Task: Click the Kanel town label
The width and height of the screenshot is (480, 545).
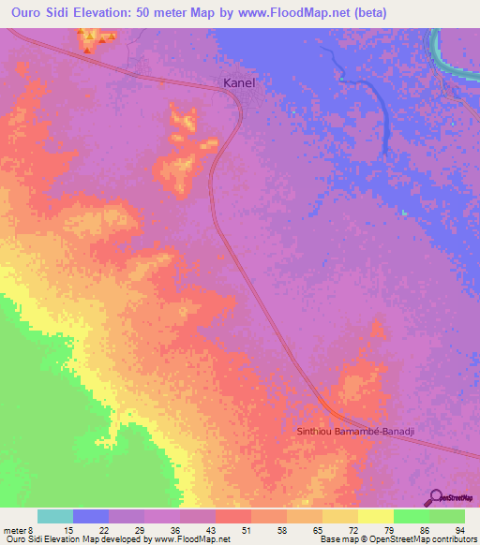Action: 239,82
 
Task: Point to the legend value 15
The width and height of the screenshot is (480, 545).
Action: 56,531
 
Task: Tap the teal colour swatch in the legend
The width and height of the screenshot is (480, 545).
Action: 55,516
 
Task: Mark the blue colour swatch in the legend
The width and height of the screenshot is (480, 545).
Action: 91,516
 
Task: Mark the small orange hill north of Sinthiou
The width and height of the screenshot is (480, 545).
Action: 377,328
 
